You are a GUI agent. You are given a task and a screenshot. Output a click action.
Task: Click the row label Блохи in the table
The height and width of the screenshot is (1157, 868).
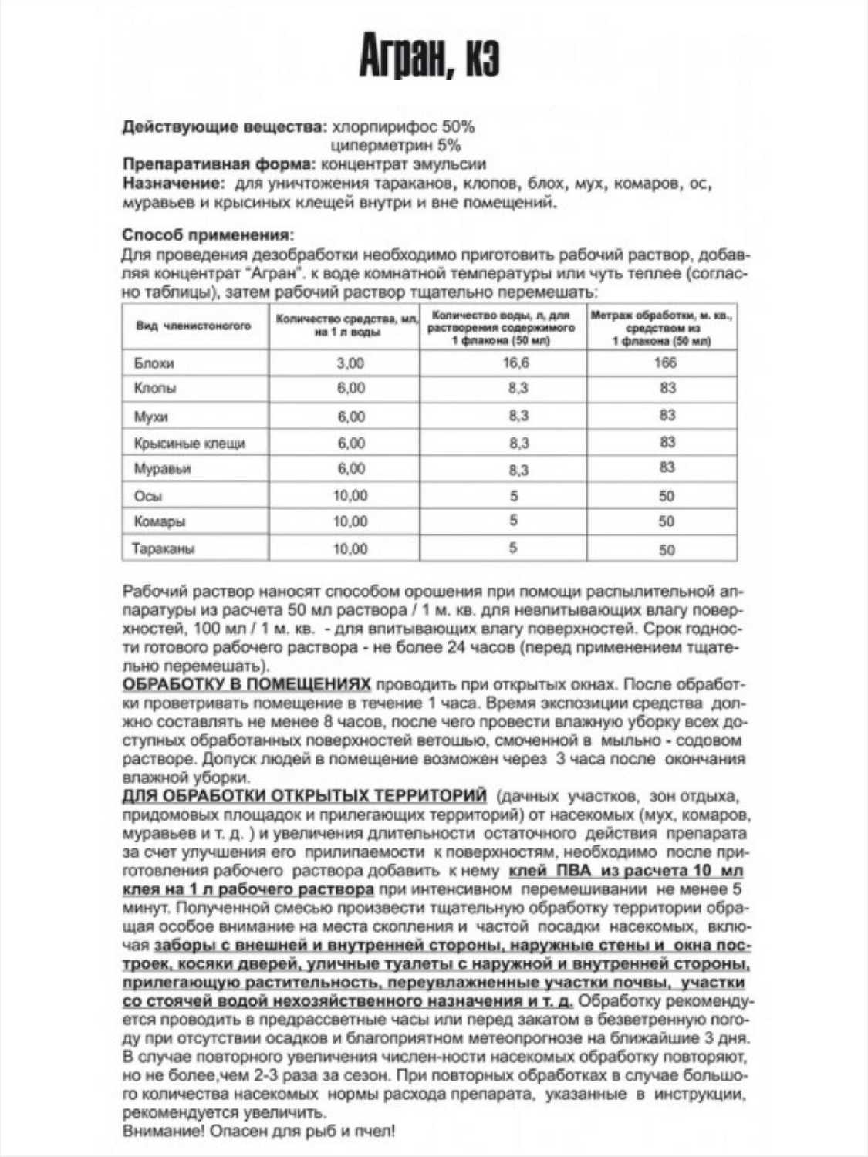click(154, 363)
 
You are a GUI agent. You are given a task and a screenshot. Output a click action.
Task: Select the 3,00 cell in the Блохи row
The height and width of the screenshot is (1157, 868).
click(350, 363)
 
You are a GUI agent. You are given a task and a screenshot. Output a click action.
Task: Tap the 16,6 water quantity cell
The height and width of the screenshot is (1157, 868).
click(515, 363)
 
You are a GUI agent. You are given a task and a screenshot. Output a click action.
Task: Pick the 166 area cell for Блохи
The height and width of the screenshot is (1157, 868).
click(664, 363)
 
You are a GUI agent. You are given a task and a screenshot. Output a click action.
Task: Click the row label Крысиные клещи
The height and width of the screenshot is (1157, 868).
click(190, 444)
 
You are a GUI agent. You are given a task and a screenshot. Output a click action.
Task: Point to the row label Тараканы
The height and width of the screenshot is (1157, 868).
click(164, 549)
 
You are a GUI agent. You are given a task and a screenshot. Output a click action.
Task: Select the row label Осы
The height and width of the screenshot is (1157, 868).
click(148, 496)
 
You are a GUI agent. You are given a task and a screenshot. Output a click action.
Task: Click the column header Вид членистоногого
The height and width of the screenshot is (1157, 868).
click(194, 326)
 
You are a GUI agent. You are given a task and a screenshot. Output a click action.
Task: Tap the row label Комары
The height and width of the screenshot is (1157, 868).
click(160, 522)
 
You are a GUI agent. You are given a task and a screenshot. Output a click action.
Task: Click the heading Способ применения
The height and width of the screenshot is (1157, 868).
click(208, 234)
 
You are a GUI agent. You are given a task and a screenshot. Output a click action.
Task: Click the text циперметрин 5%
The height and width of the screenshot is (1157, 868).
click(395, 145)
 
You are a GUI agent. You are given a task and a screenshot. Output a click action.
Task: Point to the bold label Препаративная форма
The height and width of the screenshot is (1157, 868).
click(219, 164)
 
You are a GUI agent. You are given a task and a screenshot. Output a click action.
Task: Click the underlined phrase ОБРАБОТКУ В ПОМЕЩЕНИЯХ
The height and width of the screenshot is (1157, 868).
click(247, 684)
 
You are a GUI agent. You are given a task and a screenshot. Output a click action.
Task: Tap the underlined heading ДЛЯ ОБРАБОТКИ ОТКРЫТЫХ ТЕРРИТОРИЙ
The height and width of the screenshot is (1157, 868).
click(305, 796)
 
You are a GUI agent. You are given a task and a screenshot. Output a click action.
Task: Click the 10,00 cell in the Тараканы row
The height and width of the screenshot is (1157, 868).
click(350, 549)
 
